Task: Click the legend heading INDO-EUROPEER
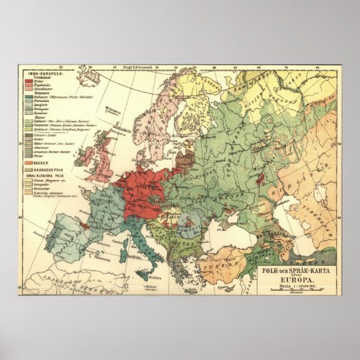pyautogui.click(x=43, y=73)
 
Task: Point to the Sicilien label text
pyautogui.click(x=156, y=278)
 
